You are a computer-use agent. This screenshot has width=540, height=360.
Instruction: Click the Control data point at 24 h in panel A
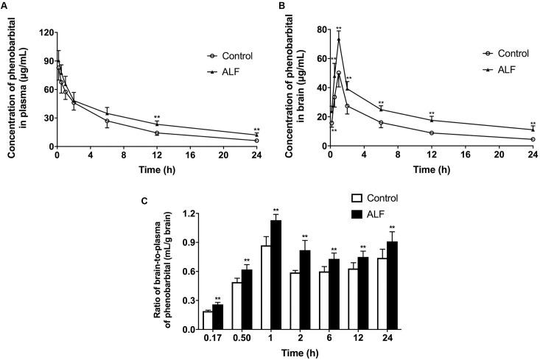pyautogui.click(x=256, y=140)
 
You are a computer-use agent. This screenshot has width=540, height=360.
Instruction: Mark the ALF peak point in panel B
pyautogui.click(x=339, y=39)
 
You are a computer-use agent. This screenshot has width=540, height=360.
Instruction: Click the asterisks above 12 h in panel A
pyautogui.click(x=157, y=118)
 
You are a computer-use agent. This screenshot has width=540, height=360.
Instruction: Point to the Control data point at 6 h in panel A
pyautogui.click(x=107, y=121)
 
